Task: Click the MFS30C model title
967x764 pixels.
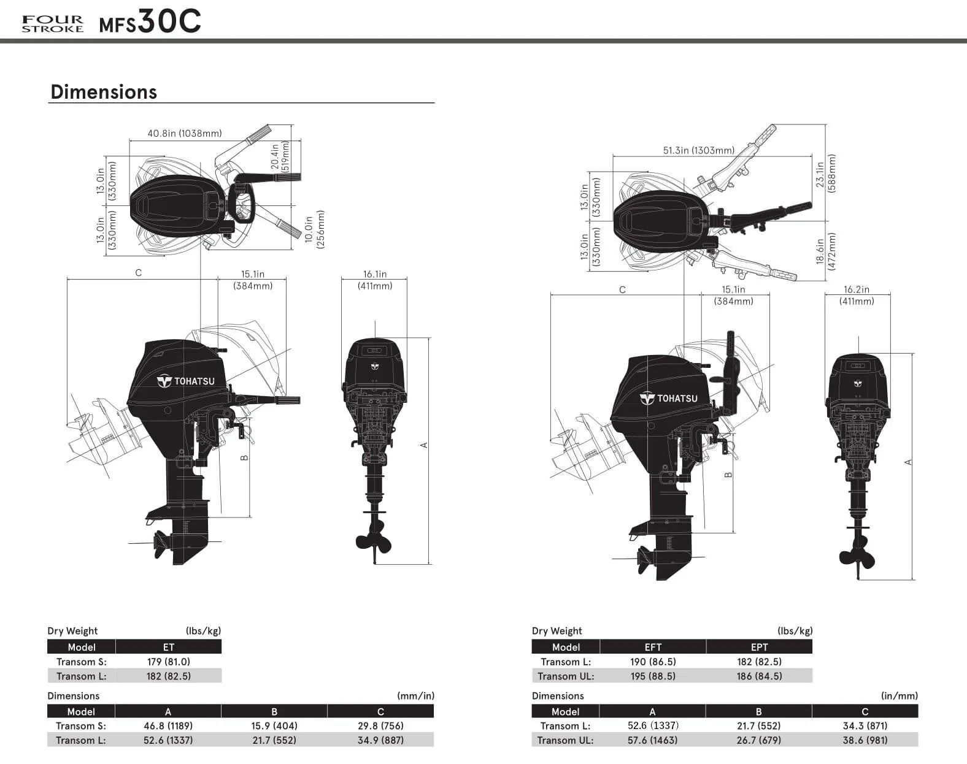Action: pyautogui.click(x=150, y=21)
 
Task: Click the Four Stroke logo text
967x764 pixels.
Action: pyautogui.click(x=53, y=24)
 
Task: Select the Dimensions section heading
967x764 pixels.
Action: pyautogui.click(x=104, y=91)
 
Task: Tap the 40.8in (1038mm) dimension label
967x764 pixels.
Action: pyautogui.click(x=185, y=134)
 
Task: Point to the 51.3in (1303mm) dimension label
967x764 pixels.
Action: pyautogui.click(x=699, y=150)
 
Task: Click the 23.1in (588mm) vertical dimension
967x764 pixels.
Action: pyautogui.click(x=826, y=174)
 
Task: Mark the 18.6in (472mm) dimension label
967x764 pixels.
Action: pyautogui.click(x=826, y=251)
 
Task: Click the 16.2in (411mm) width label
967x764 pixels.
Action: pyautogui.click(x=857, y=295)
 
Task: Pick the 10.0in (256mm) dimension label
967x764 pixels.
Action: pyautogui.click(x=315, y=229)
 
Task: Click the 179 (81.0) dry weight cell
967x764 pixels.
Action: pyautogui.click(x=169, y=662)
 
